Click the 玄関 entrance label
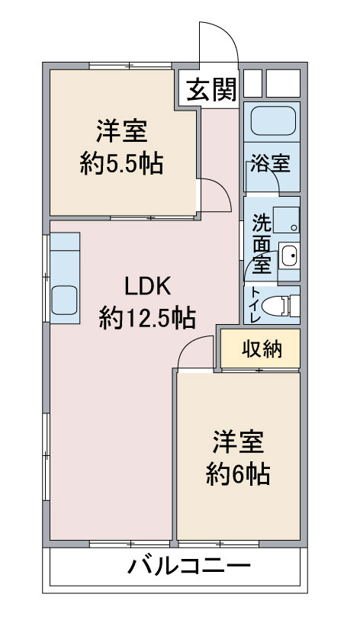pos(212,89)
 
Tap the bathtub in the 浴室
pos(273,120)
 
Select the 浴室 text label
pos(270,162)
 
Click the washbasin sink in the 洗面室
pos(288,255)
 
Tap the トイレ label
pos(256,305)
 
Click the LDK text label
pos(148,286)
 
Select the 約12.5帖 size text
pos(147,317)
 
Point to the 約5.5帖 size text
pos(121,163)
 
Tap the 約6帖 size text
pos(239,474)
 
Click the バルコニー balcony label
pos(189,565)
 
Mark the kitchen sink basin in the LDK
pos(63,300)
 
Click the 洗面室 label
pos(262,243)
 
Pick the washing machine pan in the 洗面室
pos(286,220)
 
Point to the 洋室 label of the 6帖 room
pos(238,442)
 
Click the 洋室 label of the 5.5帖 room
pos(121,131)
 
